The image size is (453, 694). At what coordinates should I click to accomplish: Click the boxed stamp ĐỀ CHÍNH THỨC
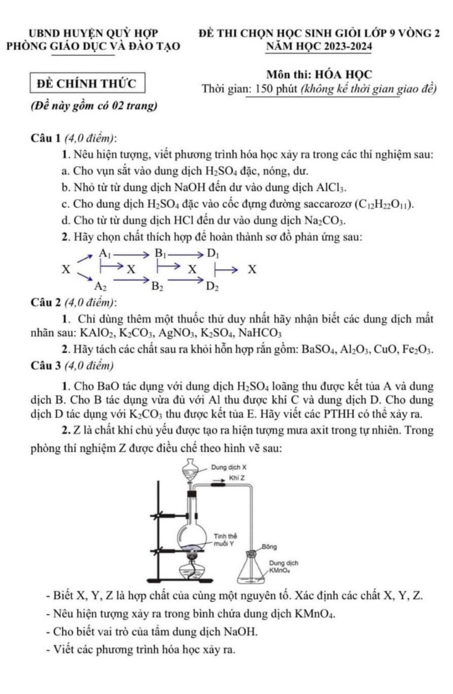tap(87, 83)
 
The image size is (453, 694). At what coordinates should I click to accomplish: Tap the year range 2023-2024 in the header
tap(345, 46)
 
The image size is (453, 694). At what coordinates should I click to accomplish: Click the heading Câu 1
tap(46, 138)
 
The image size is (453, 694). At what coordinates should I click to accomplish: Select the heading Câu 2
tap(46, 302)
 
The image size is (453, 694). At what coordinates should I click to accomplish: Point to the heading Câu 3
tap(46, 365)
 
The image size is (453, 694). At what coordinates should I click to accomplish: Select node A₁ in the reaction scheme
tap(104, 253)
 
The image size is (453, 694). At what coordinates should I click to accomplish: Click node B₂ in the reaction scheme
tap(157, 286)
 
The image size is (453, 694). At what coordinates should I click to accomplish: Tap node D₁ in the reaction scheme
tap(213, 253)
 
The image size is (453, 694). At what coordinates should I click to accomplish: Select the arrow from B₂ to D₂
tap(185, 280)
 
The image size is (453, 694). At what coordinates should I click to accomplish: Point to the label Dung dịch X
tap(229, 467)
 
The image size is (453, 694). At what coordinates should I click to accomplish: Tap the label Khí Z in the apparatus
tap(237, 478)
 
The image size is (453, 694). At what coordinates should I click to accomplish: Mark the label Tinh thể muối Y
tap(225, 540)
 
